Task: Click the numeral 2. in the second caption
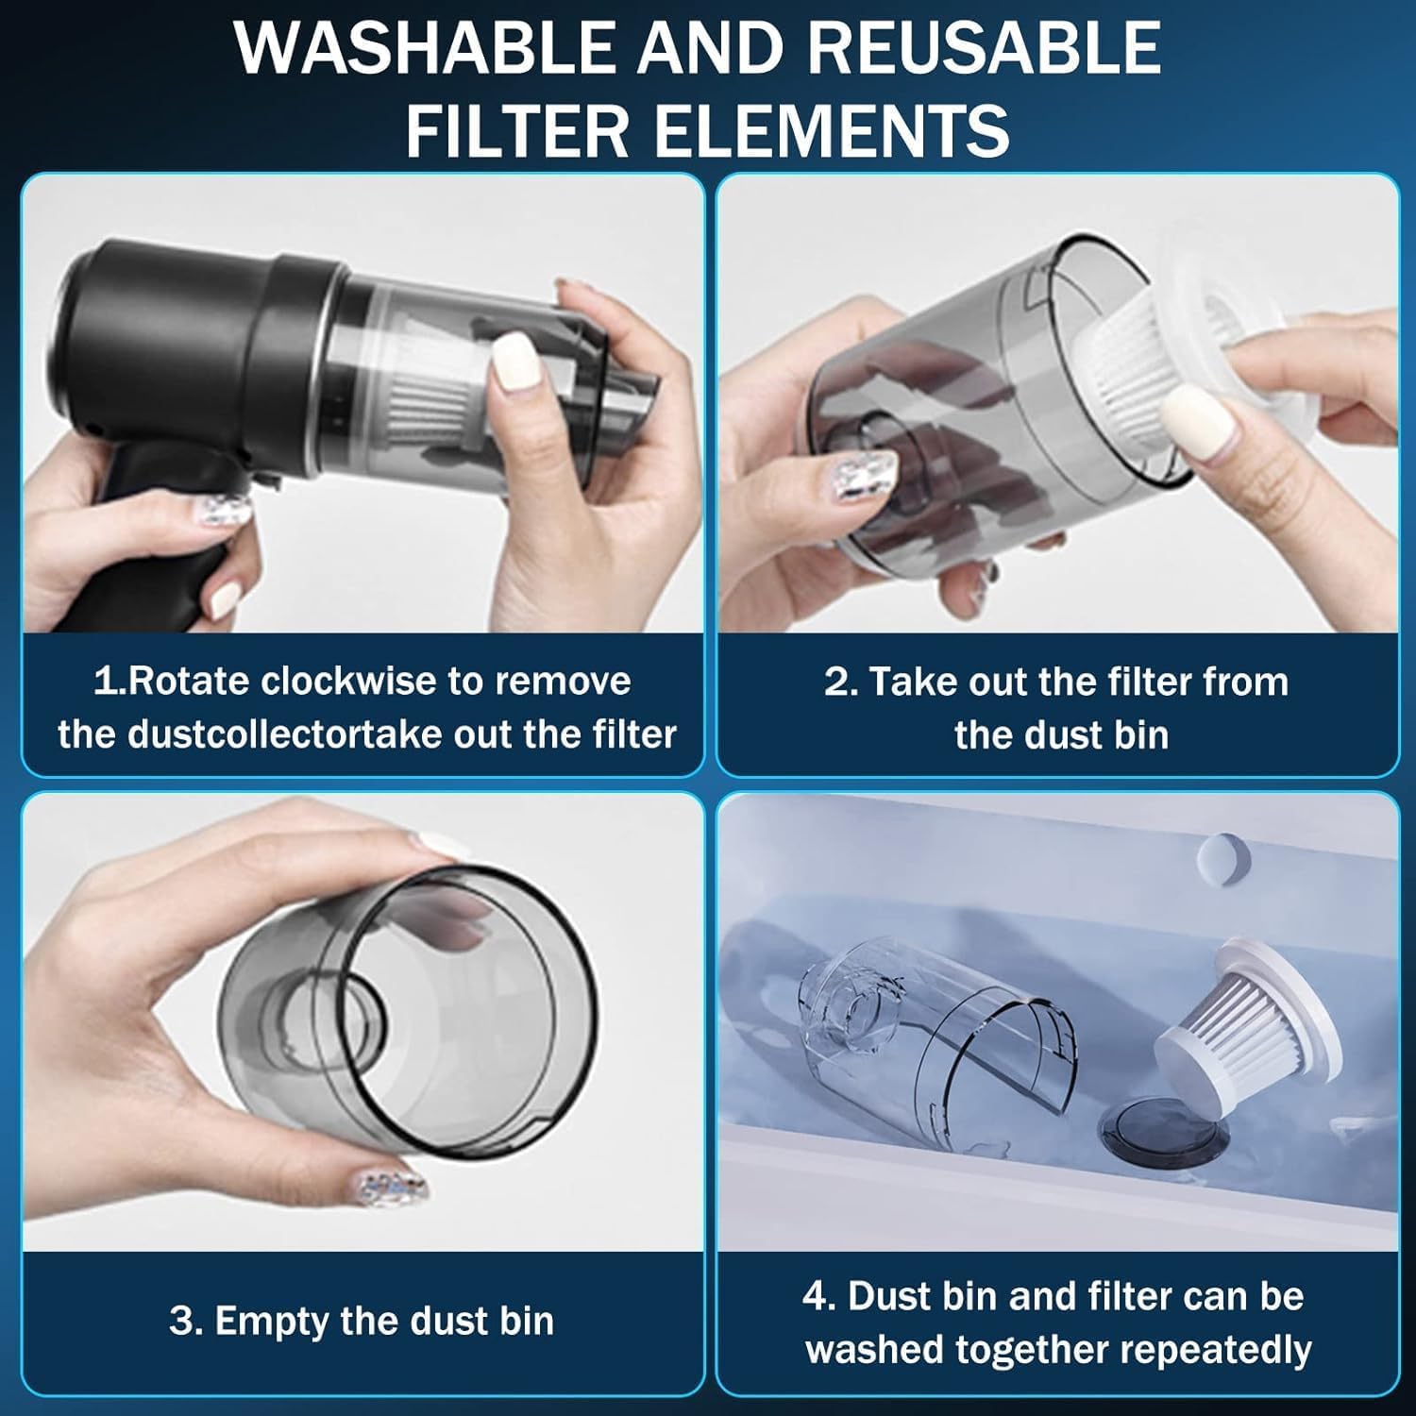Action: click(x=840, y=682)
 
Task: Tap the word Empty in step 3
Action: click(x=272, y=1321)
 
